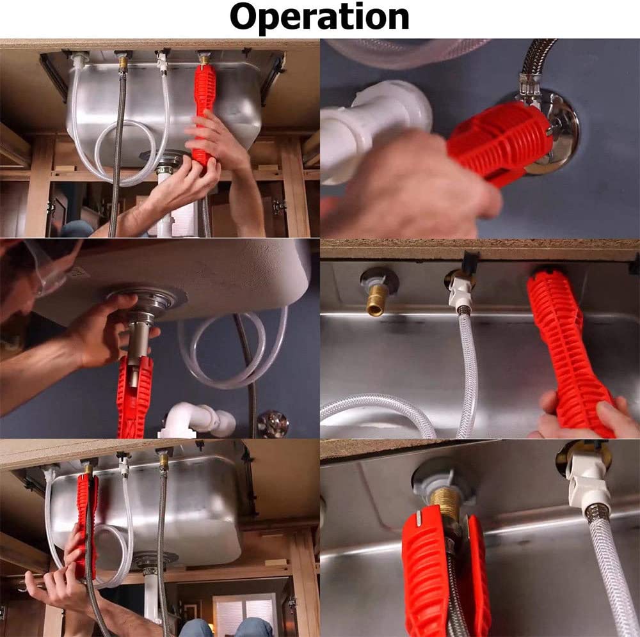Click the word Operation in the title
click(x=319, y=17)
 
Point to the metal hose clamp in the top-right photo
click(x=530, y=86)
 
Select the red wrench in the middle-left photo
click(x=134, y=396)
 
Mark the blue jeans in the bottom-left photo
click(x=225, y=627)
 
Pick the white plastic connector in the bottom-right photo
click(x=588, y=481)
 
